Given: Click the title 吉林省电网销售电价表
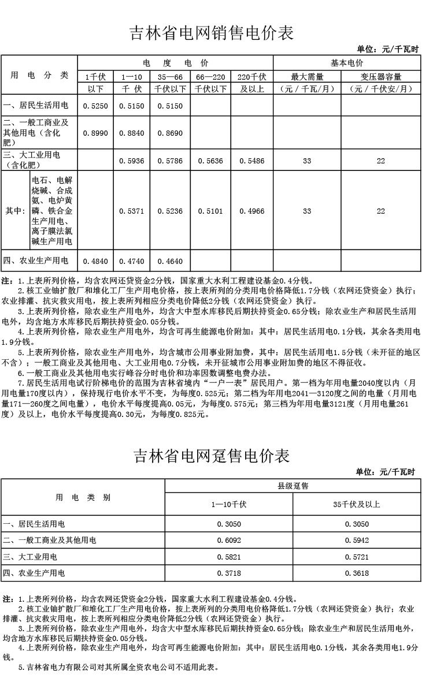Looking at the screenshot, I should point(211,33).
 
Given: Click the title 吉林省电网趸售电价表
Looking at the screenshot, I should point(211,456).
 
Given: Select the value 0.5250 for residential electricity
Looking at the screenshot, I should point(95,106).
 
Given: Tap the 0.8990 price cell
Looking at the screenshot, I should point(95,133).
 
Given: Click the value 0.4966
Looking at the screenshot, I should point(251,211).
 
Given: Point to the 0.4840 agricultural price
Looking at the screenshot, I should point(95,261).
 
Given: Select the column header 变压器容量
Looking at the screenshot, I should point(380,76).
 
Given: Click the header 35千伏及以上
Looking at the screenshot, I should point(357,504).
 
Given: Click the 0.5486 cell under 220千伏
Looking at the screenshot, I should point(251,161).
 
